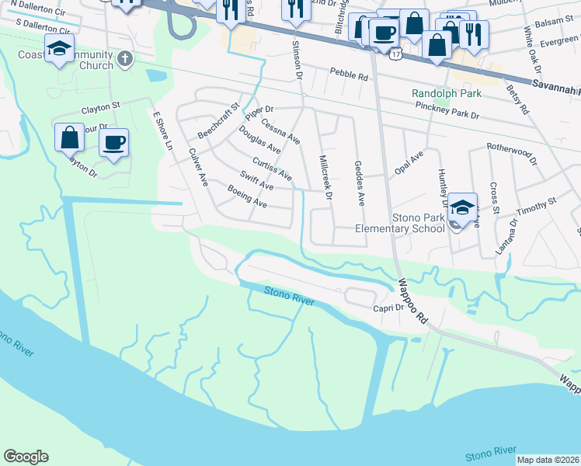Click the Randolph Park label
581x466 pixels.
[x=447, y=93]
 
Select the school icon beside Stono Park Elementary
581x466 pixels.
[x=462, y=207]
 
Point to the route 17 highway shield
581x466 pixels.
[x=396, y=55]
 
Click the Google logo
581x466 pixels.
[x=26, y=457]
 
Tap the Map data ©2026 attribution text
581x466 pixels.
[x=548, y=460]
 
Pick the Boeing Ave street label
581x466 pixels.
[x=247, y=196]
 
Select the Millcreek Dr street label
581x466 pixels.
[x=325, y=178]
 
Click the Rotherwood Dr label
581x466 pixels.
[x=512, y=152]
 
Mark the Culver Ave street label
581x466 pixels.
[x=198, y=166]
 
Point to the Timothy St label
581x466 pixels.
[x=538, y=202]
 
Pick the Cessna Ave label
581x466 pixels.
[x=280, y=130]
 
